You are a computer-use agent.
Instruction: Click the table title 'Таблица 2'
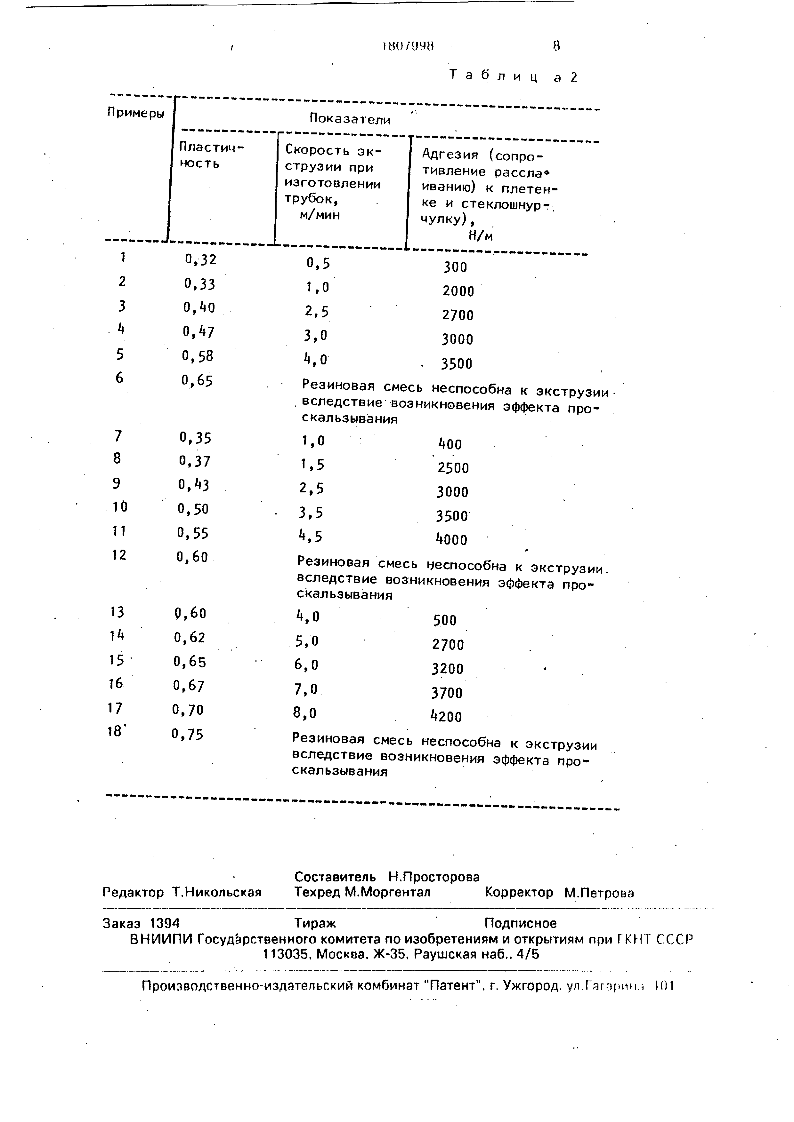[513, 77]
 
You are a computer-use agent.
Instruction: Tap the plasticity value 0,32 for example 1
[200, 259]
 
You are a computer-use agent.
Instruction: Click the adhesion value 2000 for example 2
[458, 291]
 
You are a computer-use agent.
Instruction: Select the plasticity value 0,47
[199, 332]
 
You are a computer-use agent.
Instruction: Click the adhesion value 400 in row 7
[450, 444]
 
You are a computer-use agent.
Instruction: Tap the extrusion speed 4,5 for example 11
[310, 537]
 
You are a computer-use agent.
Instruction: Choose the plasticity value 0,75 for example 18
[187, 735]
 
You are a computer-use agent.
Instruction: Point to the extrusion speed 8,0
[304, 713]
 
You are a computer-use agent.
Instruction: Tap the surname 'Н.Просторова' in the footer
[434, 877]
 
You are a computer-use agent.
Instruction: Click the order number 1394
[165, 923]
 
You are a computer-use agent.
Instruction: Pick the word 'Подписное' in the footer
[520, 923]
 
